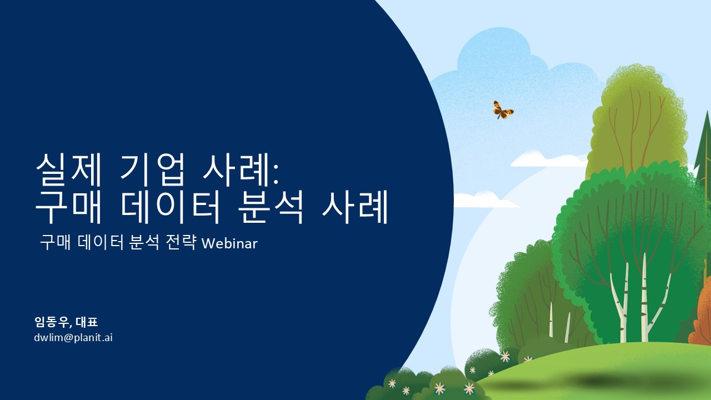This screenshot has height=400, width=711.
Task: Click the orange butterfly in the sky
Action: (x=503, y=110)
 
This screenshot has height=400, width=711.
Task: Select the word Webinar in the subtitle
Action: (x=229, y=243)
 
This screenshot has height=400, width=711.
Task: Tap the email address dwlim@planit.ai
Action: (x=73, y=337)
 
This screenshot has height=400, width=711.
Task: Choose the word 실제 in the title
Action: (x=68, y=170)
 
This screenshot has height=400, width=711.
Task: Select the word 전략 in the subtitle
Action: (x=181, y=242)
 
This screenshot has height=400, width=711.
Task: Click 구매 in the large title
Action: (x=68, y=206)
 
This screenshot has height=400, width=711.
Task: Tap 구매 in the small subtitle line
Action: (x=55, y=243)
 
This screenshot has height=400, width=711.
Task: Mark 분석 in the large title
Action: (x=271, y=206)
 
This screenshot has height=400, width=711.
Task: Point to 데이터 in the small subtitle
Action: (x=101, y=243)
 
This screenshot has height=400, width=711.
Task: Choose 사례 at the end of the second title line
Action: (x=355, y=206)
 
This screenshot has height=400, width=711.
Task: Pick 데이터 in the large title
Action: (x=170, y=206)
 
